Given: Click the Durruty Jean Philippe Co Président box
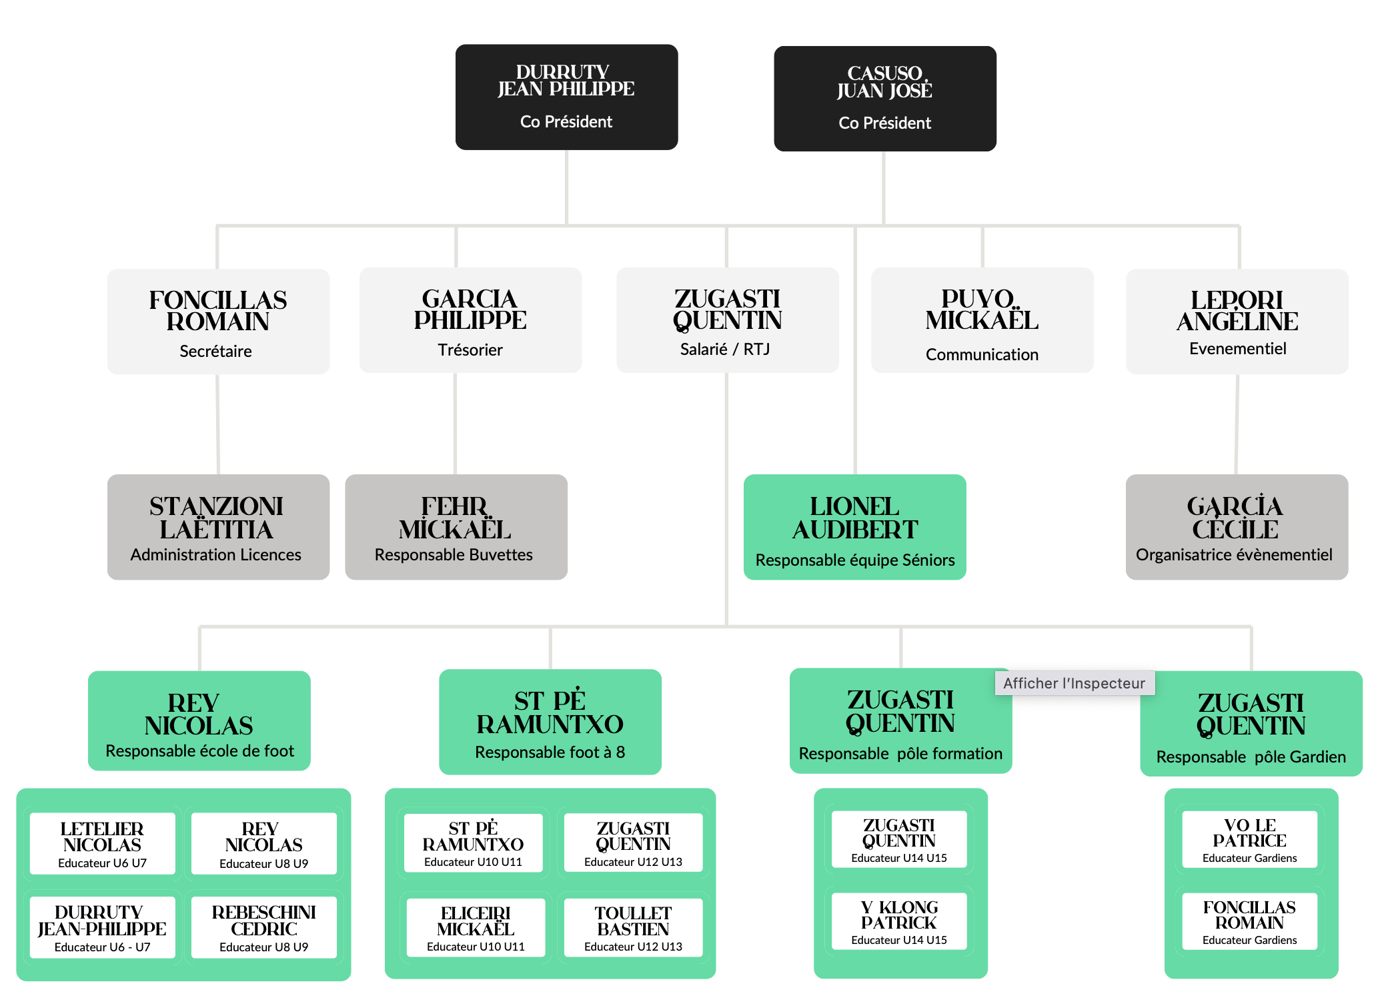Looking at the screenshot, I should (x=566, y=97).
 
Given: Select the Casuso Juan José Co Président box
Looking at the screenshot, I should (x=884, y=99).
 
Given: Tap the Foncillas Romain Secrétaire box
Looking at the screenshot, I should (x=218, y=322).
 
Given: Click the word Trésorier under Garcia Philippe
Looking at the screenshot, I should (x=470, y=350).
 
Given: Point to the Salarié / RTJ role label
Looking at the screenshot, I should (x=725, y=350).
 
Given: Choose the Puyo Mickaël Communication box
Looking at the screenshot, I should (x=982, y=320).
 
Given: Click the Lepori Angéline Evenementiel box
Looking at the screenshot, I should (x=1237, y=322).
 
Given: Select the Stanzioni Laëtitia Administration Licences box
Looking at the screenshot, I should (x=218, y=527).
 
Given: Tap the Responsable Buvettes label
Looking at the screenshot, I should (x=454, y=555).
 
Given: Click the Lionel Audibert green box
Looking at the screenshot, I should (x=854, y=527).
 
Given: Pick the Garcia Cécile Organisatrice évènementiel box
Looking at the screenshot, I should (x=1236, y=527).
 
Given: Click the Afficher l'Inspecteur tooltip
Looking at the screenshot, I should (x=1074, y=683).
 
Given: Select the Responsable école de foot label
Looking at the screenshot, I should (x=199, y=751).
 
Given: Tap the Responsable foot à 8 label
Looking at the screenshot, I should (x=550, y=753).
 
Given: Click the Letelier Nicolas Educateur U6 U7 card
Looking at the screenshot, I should (x=102, y=844).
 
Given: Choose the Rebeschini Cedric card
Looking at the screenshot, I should (x=264, y=927).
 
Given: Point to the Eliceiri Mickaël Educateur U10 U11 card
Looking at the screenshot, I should (x=476, y=927).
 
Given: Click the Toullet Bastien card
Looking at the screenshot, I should (x=633, y=927).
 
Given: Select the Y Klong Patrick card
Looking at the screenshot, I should (x=899, y=921).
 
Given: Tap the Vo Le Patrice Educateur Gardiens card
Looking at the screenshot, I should (x=1249, y=840).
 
